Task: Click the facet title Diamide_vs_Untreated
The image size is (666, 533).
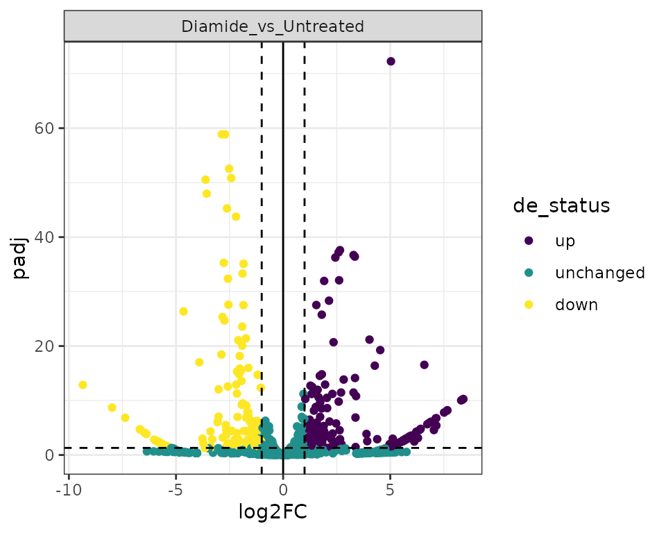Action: tap(273, 26)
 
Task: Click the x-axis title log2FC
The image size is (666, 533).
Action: tap(273, 512)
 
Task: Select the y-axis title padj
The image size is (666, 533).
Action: tap(22, 257)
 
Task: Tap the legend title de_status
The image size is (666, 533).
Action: tap(561, 205)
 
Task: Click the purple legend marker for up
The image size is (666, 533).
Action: tap(529, 241)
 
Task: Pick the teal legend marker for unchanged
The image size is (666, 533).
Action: tap(529, 273)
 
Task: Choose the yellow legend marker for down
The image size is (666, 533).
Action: tap(529, 305)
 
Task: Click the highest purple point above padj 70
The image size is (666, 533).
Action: tap(391, 62)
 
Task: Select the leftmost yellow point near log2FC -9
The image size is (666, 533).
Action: tap(83, 384)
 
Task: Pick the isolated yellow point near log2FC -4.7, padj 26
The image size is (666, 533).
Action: tap(183, 312)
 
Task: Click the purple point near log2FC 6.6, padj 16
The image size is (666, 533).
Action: tap(424, 365)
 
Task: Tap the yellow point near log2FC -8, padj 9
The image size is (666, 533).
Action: tap(112, 407)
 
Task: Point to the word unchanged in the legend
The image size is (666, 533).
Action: tap(599, 273)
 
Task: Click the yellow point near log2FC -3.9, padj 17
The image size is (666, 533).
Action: tap(199, 362)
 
